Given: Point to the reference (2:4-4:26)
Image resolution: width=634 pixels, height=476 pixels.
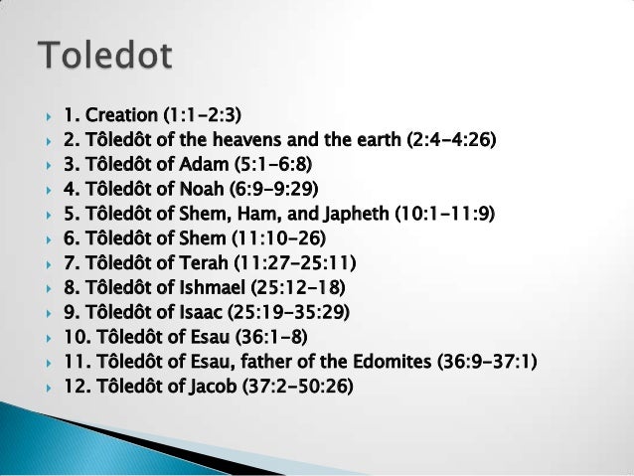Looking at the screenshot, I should (451, 138).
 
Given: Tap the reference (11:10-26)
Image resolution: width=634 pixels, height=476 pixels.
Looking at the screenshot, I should (277, 238).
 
